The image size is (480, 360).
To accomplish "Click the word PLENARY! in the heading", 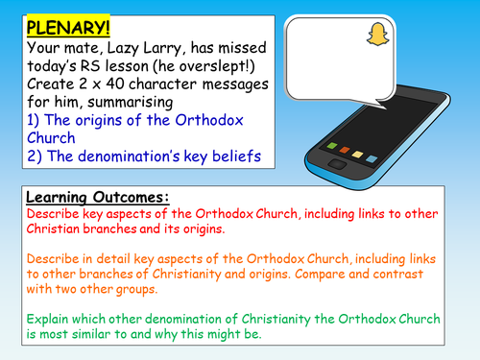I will click(x=52, y=18).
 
